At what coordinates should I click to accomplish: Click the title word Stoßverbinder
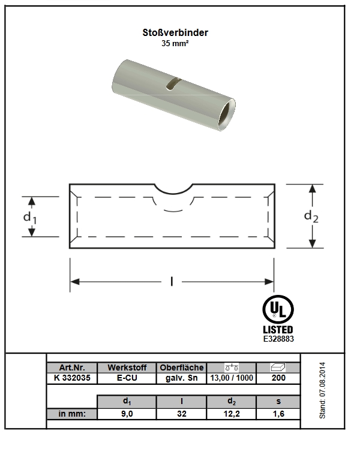(175, 32)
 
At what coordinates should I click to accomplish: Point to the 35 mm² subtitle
(175, 44)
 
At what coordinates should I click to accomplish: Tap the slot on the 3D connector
(173, 84)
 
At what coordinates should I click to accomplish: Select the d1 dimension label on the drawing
(30, 218)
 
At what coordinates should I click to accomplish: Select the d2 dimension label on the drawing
(311, 216)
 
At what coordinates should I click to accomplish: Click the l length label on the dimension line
(172, 282)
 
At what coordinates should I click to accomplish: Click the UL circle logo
(278, 309)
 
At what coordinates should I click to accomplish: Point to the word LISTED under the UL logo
(278, 330)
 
